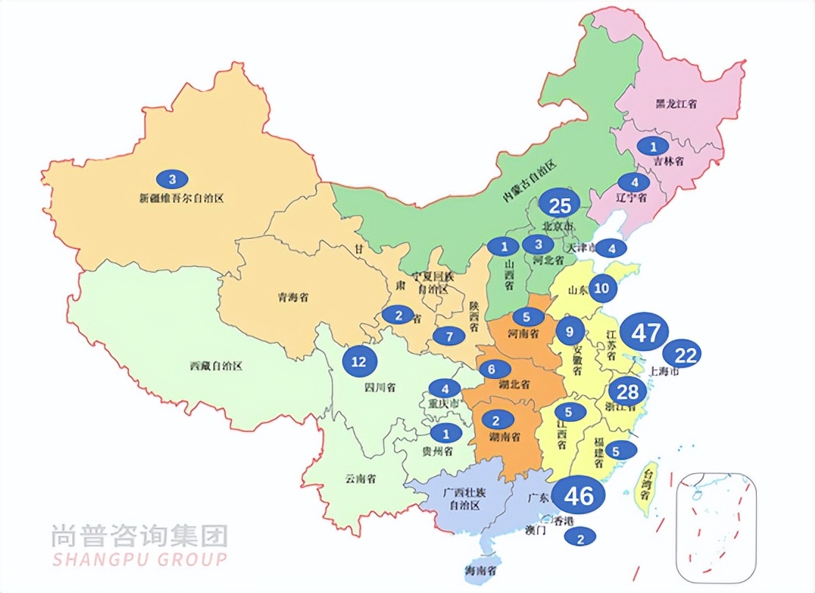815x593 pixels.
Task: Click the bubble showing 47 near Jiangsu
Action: click(644, 333)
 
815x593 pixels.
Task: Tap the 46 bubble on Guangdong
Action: click(578, 495)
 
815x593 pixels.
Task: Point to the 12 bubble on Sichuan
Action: click(359, 361)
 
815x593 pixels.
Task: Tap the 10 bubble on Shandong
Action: click(602, 288)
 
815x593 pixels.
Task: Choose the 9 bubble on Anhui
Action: click(570, 331)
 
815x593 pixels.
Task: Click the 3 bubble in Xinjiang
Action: click(173, 179)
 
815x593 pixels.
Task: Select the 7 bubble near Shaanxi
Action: click(449, 336)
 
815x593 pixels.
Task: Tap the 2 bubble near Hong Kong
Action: click(580, 537)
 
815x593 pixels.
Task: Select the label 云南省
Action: click(360, 478)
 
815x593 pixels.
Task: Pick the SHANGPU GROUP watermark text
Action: click(139, 558)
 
